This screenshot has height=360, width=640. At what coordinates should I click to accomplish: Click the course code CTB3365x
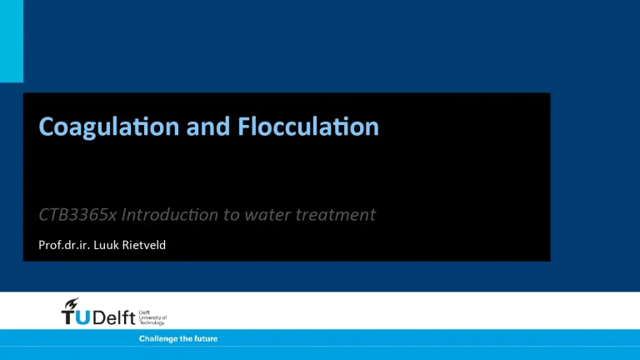point(77,214)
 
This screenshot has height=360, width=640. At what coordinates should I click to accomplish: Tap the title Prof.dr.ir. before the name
point(66,245)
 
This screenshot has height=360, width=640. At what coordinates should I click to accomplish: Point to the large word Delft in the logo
point(117,317)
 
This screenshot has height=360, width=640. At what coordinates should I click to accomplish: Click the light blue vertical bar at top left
point(12,41)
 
